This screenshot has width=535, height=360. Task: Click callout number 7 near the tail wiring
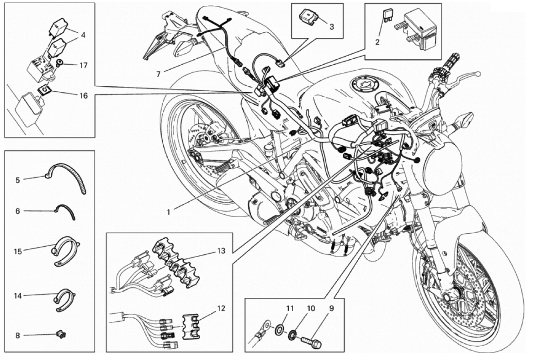click(x=158, y=74)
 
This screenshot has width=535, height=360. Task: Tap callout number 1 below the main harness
click(x=168, y=212)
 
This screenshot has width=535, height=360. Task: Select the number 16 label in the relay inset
click(x=84, y=96)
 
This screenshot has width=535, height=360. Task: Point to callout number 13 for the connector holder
click(x=221, y=251)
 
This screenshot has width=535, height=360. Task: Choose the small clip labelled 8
click(x=61, y=334)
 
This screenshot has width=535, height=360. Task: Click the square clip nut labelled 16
click(x=45, y=90)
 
